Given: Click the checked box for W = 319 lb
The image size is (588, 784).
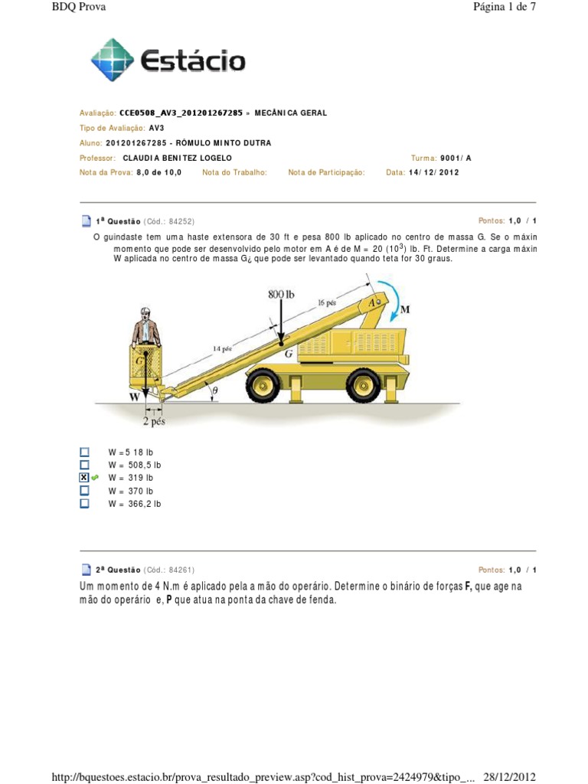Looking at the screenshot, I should (84, 477).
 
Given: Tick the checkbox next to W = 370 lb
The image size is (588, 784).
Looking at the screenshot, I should (84, 490).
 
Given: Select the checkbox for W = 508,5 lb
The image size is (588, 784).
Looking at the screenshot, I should (84, 464).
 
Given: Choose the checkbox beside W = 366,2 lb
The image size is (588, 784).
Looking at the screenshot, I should (84, 503).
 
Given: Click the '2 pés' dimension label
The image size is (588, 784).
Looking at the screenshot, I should (154, 420).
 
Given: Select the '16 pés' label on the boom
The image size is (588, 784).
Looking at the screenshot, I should (328, 302).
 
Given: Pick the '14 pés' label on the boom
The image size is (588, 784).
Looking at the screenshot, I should (222, 348).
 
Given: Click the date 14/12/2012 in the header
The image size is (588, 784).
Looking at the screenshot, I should (433, 172).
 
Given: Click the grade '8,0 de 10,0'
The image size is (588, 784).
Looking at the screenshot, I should (158, 172).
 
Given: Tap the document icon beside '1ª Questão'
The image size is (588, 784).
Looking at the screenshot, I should (86, 221).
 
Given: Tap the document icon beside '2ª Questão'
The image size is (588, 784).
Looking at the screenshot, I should (86, 570).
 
